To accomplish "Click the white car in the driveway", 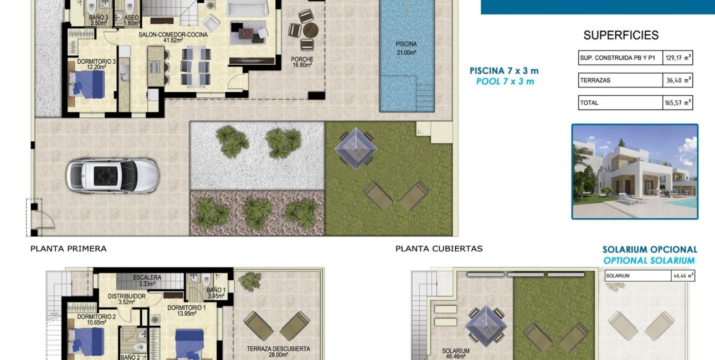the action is (x=112, y=176).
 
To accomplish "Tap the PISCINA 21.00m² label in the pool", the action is (x=407, y=48).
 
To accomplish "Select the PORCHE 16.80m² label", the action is (x=302, y=62).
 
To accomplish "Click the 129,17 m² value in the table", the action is (x=678, y=58).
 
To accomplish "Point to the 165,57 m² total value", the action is (x=678, y=103).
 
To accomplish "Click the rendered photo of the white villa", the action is (x=635, y=172).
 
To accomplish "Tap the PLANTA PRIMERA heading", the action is (x=68, y=249).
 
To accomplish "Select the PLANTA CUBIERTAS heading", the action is (x=439, y=249).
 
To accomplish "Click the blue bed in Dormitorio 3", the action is (x=87, y=84).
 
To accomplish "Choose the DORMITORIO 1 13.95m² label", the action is (x=187, y=311).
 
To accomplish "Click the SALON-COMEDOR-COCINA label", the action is (x=173, y=34).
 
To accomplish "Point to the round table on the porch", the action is (x=310, y=30).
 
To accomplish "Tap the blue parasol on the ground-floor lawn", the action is (x=356, y=148).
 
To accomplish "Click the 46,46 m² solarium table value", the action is (x=683, y=276).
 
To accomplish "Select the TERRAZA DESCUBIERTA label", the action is (x=279, y=349).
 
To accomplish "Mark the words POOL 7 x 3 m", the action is (x=505, y=81).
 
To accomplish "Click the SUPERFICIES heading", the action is (x=621, y=35).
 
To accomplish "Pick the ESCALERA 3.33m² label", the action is (x=147, y=281).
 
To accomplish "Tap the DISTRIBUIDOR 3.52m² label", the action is (x=127, y=299).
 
